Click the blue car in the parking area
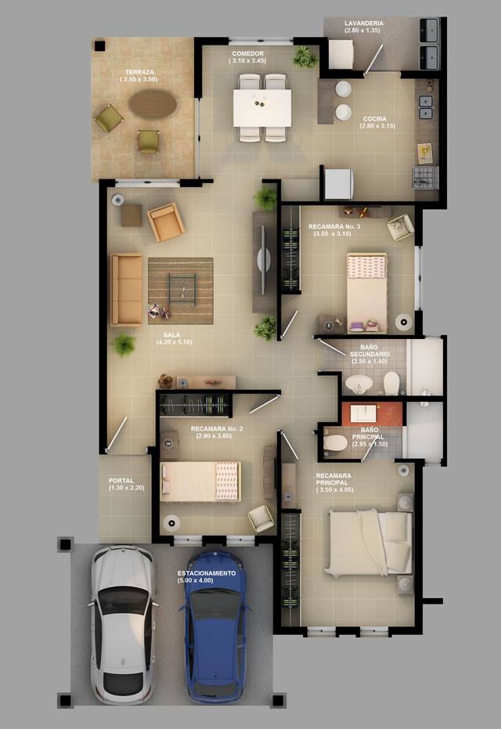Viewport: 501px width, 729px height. tap(215, 627)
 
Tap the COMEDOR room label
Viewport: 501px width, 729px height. tap(247, 54)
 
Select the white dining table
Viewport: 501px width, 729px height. tap(262, 108)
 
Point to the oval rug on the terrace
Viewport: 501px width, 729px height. tap(153, 103)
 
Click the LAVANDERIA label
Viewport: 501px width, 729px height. tap(364, 23)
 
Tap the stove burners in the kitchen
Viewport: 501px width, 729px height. tap(425, 178)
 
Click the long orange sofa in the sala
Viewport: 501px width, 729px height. tap(127, 289)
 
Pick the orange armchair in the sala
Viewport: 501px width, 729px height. tap(165, 222)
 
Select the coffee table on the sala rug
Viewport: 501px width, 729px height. tap(182, 289)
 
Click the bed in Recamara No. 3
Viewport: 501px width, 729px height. tap(366, 292)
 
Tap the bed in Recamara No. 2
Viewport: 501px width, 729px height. tap(200, 482)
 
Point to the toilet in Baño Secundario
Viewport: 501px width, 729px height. tap(391, 383)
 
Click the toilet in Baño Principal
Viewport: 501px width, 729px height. tap(335, 442)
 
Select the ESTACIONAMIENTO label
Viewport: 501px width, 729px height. tap(207, 573)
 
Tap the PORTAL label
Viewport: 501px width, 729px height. tap(121, 481)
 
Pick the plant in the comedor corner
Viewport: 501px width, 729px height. tap(305, 56)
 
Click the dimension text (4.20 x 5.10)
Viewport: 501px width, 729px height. tap(175, 342)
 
